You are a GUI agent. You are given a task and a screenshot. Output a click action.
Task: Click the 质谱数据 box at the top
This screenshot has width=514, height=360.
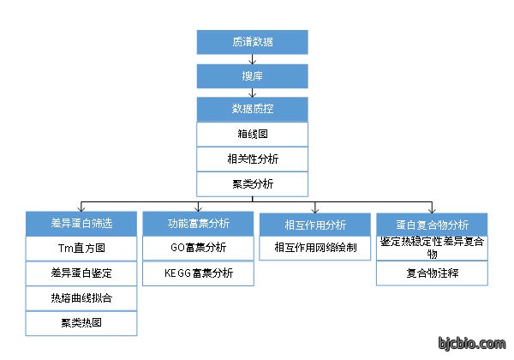(x=252, y=42)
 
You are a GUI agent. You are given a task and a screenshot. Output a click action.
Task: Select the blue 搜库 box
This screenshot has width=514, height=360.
(x=252, y=76)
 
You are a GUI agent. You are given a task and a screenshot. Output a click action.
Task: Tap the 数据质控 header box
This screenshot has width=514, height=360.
(x=252, y=109)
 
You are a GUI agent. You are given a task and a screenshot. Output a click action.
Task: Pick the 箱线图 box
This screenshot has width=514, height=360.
(x=252, y=134)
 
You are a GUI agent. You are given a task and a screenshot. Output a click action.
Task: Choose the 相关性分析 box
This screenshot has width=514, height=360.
(x=252, y=159)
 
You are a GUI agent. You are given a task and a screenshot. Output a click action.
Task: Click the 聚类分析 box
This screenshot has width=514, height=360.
(x=252, y=184)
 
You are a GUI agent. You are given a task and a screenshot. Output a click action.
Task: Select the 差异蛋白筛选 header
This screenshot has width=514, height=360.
(x=81, y=224)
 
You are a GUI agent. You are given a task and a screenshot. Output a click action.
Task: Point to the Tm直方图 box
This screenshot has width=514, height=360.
(x=81, y=249)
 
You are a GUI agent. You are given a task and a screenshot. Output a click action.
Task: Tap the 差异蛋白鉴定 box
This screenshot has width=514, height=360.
(x=81, y=273)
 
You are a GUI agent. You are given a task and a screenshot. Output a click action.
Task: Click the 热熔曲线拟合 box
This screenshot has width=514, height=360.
(x=81, y=298)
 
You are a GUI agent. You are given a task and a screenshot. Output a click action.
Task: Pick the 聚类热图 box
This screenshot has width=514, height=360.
(x=81, y=323)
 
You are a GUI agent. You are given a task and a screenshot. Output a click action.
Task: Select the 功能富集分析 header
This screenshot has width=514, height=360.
(x=198, y=224)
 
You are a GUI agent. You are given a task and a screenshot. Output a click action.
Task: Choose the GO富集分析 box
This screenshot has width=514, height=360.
(x=198, y=248)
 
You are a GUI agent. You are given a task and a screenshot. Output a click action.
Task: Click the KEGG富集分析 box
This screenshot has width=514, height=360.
(x=198, y=273)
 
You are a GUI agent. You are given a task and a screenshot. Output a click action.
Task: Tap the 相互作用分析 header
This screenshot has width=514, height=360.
(x=315, y=225)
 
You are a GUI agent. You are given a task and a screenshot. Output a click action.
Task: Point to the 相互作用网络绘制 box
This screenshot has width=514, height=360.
(x=315, y=248)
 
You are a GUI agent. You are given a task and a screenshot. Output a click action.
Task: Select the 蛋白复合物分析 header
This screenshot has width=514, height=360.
(x=432, y=225)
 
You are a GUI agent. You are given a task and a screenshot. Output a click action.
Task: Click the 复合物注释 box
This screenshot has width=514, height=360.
(x=432, y=273)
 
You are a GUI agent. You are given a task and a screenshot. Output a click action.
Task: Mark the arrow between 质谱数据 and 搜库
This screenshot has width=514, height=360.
(x=252, y=59)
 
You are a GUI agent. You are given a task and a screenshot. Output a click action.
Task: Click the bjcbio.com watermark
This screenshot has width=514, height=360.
(x=472, y=344)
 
